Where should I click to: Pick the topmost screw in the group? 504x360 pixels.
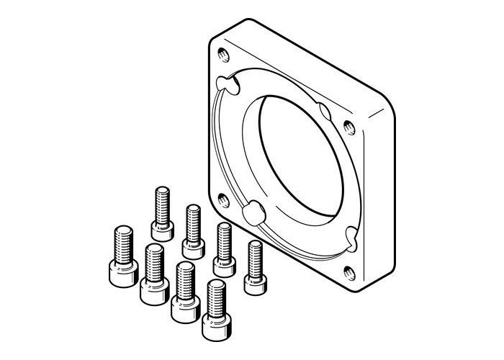click(x=161, y=212)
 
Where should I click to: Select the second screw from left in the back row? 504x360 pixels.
click(x=192, y=231)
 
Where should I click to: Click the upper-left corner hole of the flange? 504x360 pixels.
click(x=219, y=53)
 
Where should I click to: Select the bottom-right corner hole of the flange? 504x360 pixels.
click(x=348, y=271)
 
